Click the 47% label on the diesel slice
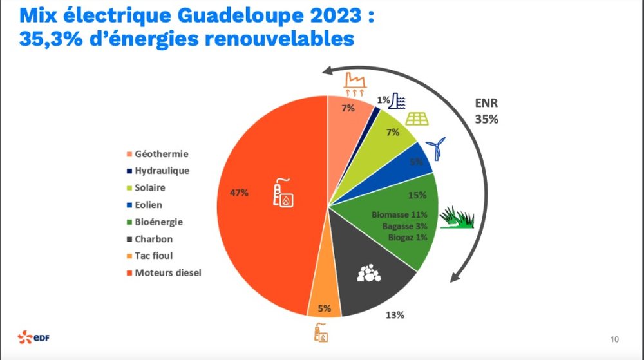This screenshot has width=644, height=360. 240,193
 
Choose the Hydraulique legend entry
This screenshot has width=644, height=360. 161,171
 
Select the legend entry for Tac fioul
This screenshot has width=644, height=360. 153,256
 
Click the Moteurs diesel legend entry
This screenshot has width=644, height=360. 167,272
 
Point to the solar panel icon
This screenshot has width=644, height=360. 419,119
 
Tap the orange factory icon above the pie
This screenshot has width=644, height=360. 354,83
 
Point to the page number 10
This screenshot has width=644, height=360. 614,339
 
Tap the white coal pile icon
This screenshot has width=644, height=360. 370,274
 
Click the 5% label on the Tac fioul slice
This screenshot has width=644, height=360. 325,308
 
